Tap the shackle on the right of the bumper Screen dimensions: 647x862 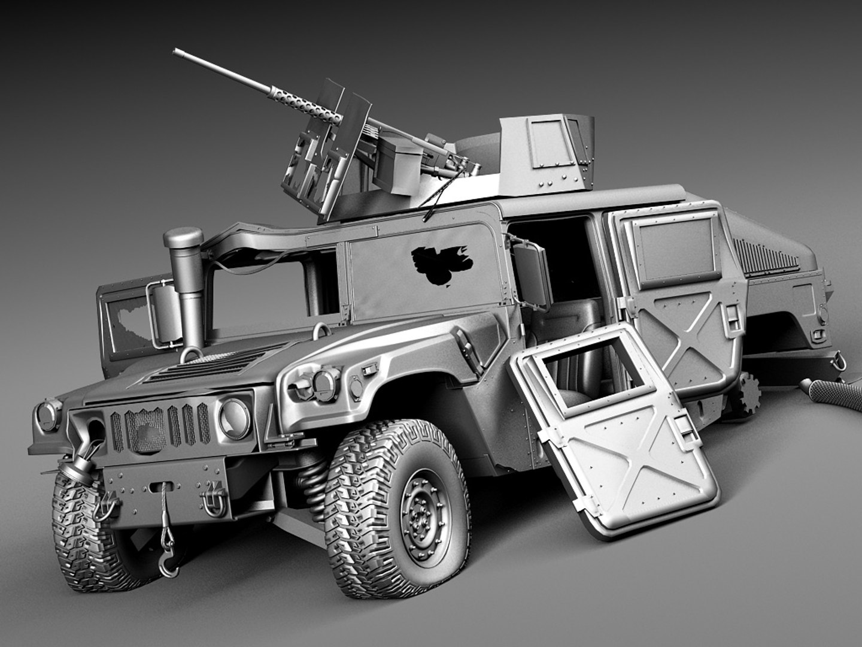point(212,501)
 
